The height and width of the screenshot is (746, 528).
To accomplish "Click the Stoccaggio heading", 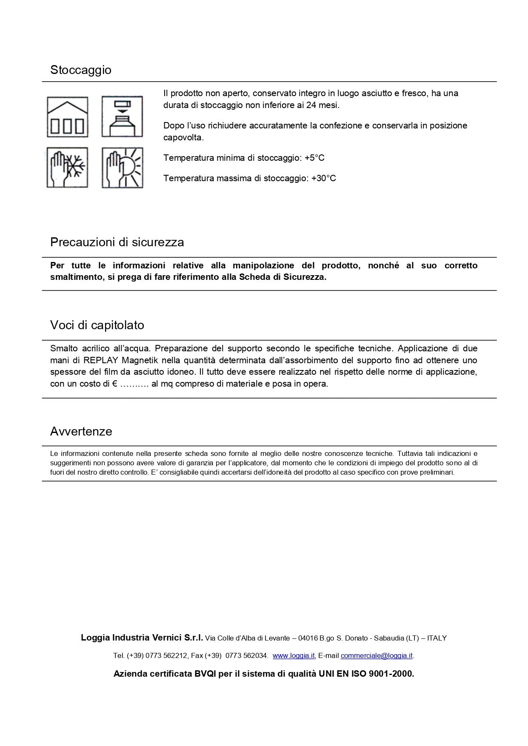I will [81, 70].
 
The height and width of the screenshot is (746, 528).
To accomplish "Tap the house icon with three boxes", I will [67, 117].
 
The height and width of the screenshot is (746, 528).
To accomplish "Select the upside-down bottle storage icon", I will [122, 117].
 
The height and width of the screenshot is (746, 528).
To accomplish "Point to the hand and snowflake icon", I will [67, 168].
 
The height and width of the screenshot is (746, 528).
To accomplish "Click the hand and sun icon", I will [122, 168].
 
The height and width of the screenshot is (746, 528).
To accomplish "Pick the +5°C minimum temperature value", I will [314, 158].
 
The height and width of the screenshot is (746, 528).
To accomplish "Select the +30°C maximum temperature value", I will [323, 178].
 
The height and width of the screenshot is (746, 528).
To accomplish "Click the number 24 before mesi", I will [311, 105].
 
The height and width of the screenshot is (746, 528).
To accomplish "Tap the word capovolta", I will [183, 137].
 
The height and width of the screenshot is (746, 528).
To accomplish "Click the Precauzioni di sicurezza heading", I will [117, 242].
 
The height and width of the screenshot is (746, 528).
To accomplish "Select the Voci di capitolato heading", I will [97, 325].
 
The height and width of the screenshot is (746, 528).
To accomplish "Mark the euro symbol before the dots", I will [114, 384].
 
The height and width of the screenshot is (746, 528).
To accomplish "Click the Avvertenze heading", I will [81, 431].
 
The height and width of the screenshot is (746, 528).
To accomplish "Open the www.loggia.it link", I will [293, 655].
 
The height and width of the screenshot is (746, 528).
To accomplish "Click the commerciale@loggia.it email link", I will [377, 655].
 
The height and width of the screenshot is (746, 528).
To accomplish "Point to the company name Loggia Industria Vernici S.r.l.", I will [142, 638].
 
